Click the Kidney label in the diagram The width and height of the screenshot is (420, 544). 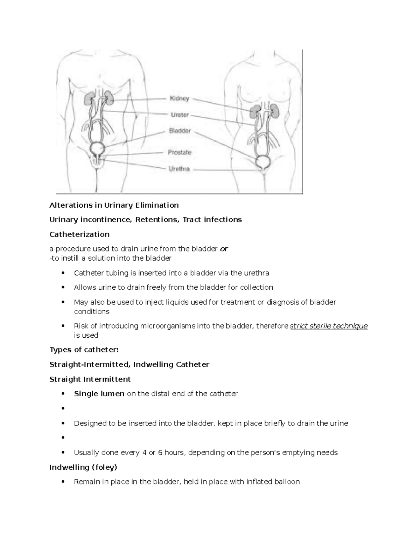(x=179, y=98)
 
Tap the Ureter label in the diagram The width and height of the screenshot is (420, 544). (x=180, y=115)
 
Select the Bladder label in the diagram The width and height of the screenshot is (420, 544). (x=180, y=131)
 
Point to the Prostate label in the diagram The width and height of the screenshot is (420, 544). (x=180, y=152)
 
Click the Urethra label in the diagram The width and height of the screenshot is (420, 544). (x=179, y=169)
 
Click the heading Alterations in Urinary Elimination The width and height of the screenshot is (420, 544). (x=114, y=205)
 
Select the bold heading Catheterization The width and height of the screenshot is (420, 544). (x=79, y=234)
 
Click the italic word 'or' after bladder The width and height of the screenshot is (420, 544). (x=224, y=249)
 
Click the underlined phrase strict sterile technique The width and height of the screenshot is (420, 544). (x=329, y=326)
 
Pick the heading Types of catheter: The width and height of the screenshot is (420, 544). (x=84, y=350)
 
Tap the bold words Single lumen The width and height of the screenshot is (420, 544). (x=99, y=394)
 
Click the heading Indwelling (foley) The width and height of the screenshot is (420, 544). (x=83, y=467)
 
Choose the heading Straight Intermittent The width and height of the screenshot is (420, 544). (x=90, y=379)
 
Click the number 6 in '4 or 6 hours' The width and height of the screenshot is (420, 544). (x=160, y=453)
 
